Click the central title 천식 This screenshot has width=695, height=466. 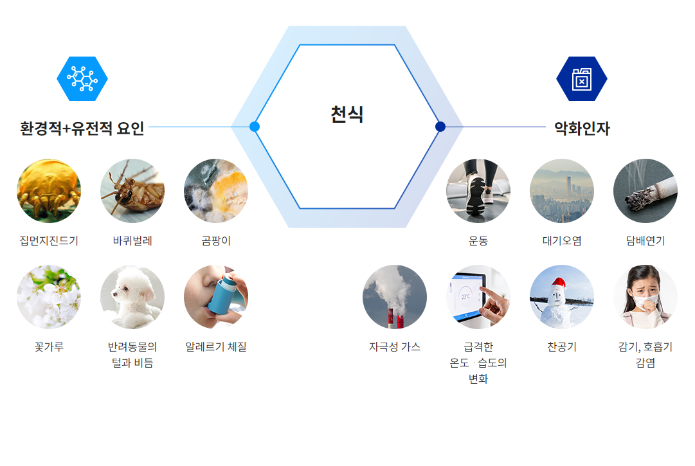[347, 114]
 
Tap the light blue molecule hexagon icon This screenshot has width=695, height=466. [82, 79]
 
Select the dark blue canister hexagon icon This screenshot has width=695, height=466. [582, 79]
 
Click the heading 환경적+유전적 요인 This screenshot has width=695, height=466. [82, 129]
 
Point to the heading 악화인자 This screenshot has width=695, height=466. [582, 129]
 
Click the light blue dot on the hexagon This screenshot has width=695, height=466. [255, 127]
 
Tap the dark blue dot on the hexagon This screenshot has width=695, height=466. [440, 127]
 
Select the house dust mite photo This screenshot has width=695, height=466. [49, 191]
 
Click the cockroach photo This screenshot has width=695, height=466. [132, 191]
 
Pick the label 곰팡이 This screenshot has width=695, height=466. [216, 240]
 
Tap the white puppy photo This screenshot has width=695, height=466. [132, 297]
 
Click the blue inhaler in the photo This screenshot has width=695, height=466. [223, 294]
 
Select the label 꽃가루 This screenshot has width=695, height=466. [49, 346]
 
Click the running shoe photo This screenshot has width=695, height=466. [478, 191]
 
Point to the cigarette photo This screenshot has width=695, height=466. [645, 191]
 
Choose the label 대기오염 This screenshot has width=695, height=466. [561, 240]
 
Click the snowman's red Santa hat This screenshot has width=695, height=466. [559, 283]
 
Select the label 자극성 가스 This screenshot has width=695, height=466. [395, 346]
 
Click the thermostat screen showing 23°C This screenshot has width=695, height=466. [465, 296]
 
